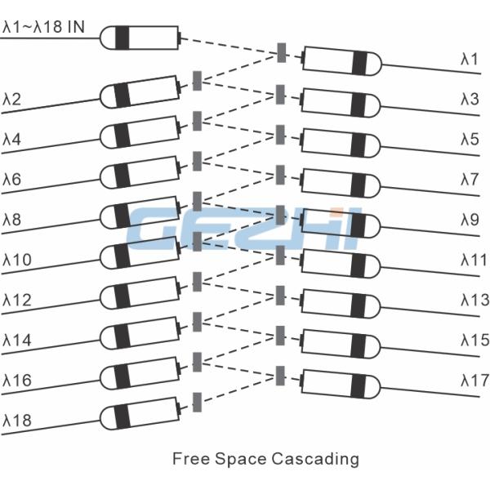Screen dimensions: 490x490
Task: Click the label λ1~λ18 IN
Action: pos(43,27)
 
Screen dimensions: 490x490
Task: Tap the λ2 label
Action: pos(12,100)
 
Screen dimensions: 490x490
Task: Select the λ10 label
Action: pos(16,261)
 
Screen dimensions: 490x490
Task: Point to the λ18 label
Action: pos(16,421)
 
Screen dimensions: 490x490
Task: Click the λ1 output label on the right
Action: pos(469,59)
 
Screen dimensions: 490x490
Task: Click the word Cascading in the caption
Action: pos(314,458)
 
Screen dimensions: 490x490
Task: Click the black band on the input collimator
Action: pos(122,37)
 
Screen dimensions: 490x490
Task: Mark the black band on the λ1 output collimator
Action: pos(359,63)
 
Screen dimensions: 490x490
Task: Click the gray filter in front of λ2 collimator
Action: pos(197,81)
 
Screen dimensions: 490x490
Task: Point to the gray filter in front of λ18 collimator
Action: pos(197,401)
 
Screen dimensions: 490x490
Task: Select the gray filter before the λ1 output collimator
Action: pos(282,52)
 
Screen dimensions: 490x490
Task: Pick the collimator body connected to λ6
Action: pos(139,174)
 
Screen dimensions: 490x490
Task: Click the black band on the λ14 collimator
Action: pos(122,335)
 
